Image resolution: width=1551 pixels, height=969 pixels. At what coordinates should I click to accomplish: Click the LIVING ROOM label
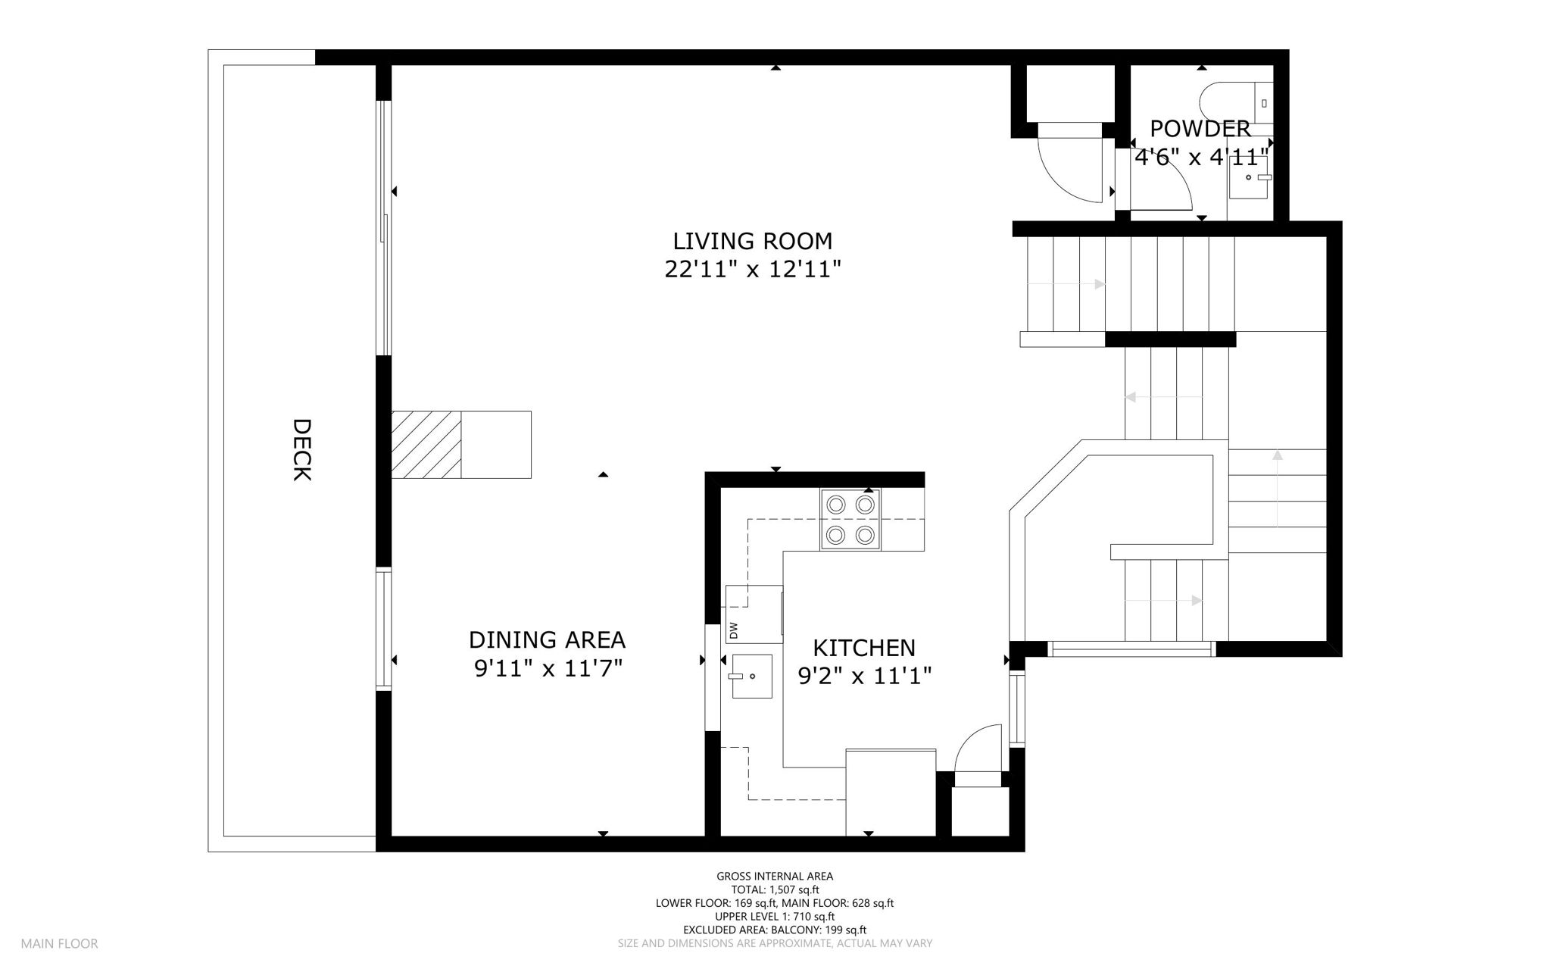(753, 241)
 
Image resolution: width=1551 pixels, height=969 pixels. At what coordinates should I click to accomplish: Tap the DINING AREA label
(547, 640)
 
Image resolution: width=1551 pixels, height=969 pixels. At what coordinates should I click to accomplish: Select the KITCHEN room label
(864, 648)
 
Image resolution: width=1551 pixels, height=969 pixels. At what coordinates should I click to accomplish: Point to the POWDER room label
(1200, 128)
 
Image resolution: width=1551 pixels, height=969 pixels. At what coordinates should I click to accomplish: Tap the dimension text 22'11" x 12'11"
(753, 269)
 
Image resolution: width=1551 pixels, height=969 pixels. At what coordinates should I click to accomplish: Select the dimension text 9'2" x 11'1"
(864, 675)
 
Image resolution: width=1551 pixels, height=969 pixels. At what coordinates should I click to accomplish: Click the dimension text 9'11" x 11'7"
(548, 669)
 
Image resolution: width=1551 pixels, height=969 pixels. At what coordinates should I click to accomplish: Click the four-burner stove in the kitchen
(850, 520)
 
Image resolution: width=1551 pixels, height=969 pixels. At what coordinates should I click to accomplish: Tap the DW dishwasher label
(733, 630)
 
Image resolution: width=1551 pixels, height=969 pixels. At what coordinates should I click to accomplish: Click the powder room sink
(1248, 177)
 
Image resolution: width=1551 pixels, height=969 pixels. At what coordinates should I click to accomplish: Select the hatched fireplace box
(426, 445)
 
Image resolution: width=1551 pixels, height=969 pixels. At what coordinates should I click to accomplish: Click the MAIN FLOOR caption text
(59, 944)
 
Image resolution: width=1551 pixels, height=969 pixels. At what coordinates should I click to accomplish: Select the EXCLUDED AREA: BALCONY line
(775, 930)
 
